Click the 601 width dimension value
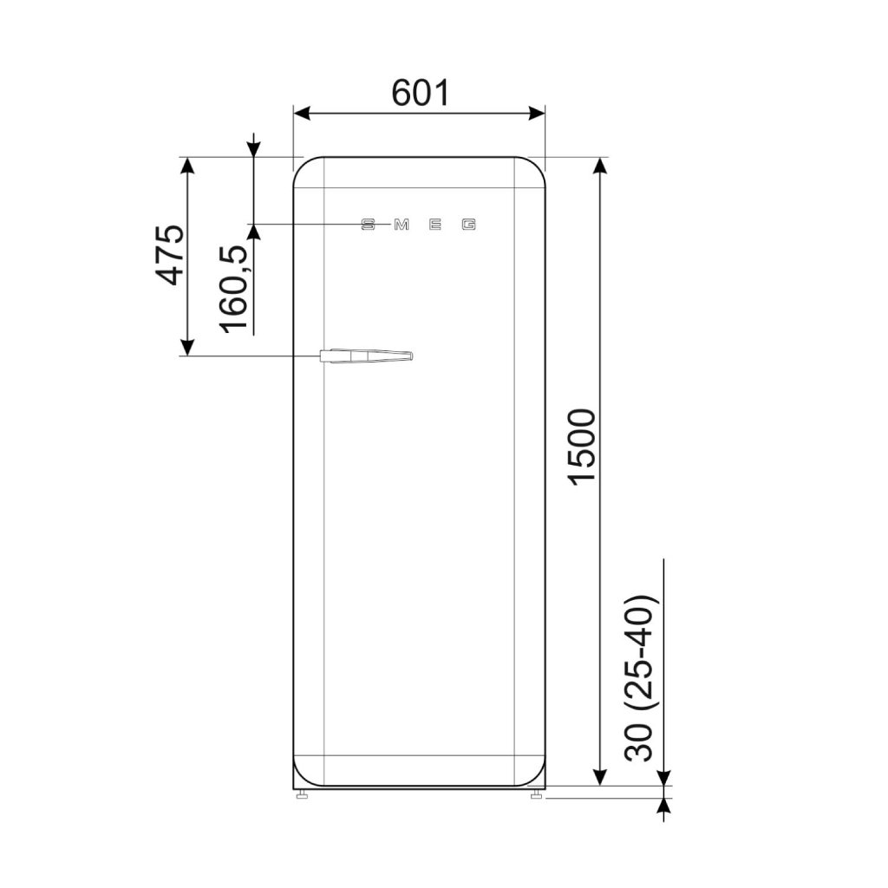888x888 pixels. click(421, 92)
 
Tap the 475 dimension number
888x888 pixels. click(171, 255)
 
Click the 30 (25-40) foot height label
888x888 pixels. click(639, 677)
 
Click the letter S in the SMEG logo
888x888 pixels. click(368, 225)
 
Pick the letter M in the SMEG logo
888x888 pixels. click(401, 225)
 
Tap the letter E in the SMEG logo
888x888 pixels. click(435, 225)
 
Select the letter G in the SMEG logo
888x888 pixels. click(468, 225)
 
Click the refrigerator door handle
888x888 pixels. click(365, 356)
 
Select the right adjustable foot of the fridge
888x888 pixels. click(537, 793)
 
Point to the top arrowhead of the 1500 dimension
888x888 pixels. click(598, 166)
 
